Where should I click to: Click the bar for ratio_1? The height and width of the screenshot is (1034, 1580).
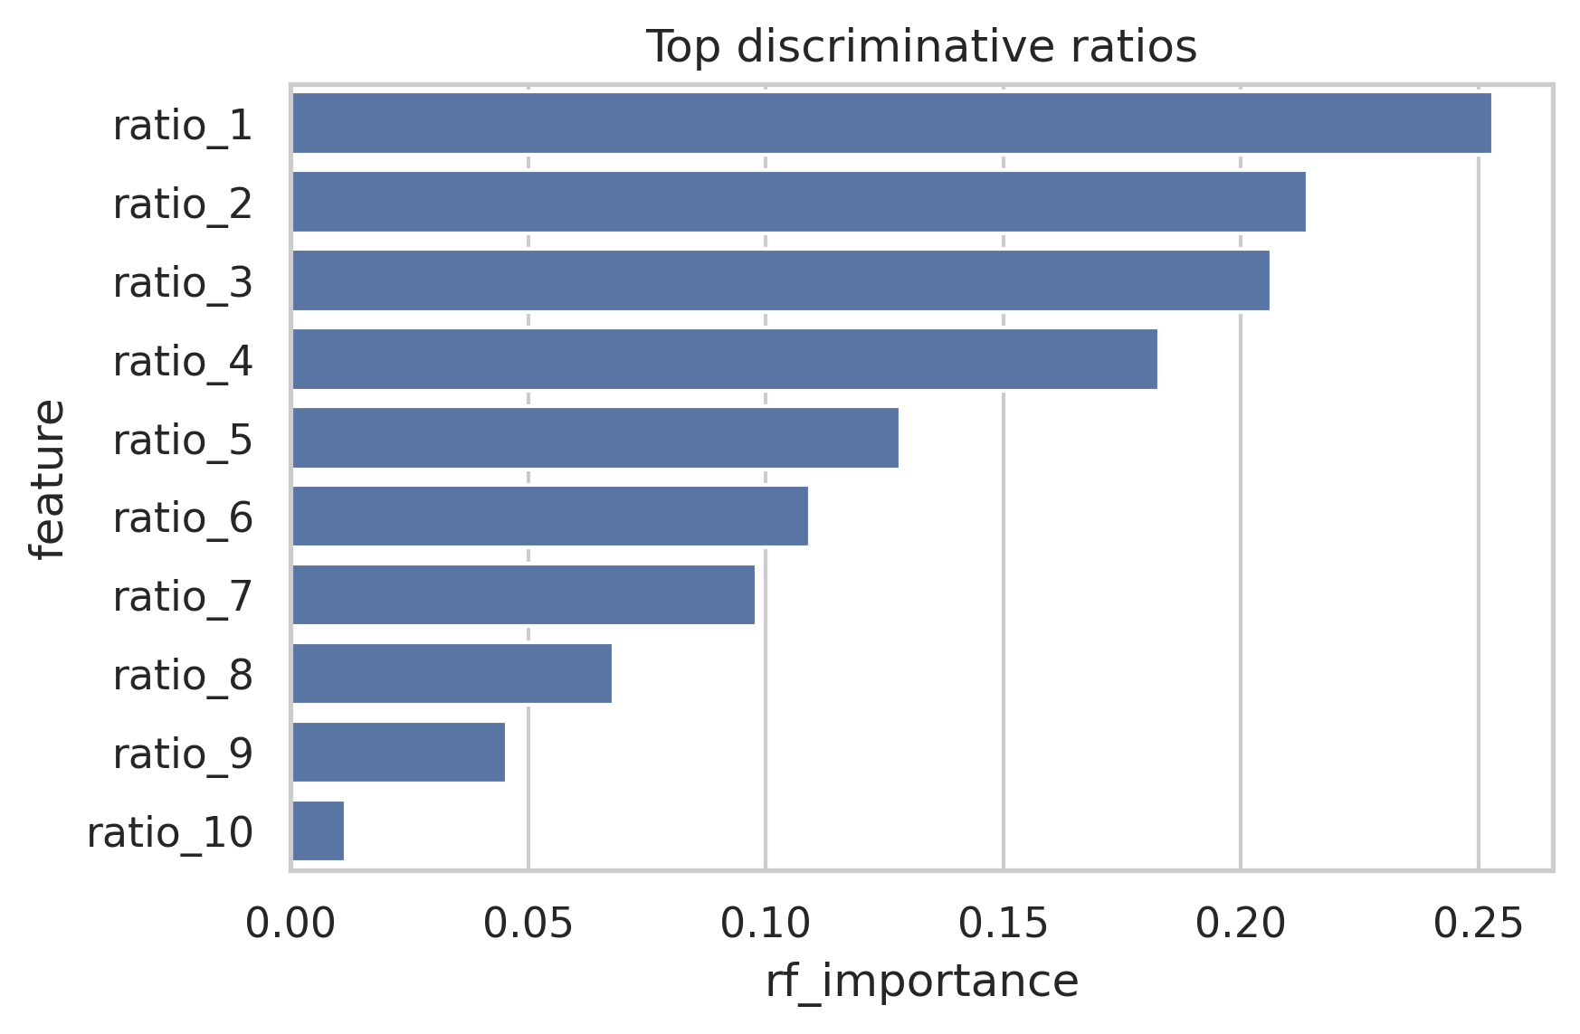point(891,123)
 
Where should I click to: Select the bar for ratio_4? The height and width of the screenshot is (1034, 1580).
point(724,359)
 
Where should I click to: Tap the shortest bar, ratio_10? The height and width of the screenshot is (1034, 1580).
point(318,830)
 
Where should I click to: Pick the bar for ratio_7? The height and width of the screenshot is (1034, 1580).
point(523,595)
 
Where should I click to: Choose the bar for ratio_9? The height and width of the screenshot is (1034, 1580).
point(398,752)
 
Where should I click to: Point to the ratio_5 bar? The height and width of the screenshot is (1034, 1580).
point(595,438)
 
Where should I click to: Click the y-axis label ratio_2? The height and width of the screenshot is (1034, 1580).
point(183,204)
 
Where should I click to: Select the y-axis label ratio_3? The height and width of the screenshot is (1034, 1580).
point(183,282)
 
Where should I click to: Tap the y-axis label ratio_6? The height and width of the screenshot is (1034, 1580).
point(183,517)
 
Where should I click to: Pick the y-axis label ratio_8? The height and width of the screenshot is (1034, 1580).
point(183,675)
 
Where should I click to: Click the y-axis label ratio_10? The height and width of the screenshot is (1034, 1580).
point(170,832)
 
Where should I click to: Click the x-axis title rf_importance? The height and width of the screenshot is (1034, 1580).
point(921,982)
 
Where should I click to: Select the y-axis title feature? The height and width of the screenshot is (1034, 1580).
point(47,479)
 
